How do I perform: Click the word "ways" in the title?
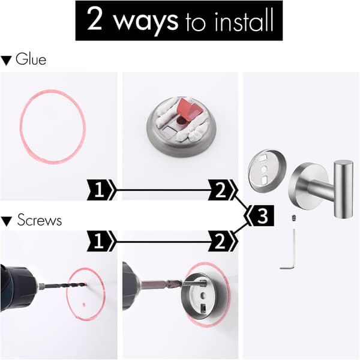[146, 22]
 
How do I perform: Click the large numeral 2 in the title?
[95, 19]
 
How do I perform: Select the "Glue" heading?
[31, 59]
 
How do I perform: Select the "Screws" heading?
[39, 220]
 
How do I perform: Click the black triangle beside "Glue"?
[6, 61]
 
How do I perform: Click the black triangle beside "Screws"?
[6, 221]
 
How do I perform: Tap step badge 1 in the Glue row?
[101, 190]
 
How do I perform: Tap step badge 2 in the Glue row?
[222, 190]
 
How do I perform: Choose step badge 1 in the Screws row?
[101, 241]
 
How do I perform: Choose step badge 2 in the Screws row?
[222, 241]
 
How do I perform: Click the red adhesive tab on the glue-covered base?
[188, 109]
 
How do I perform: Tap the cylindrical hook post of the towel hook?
[343, 189]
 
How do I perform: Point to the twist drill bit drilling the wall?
[65, 286]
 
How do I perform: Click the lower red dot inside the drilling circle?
[84, 305]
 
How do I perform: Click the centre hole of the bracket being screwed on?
[202, 296]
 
